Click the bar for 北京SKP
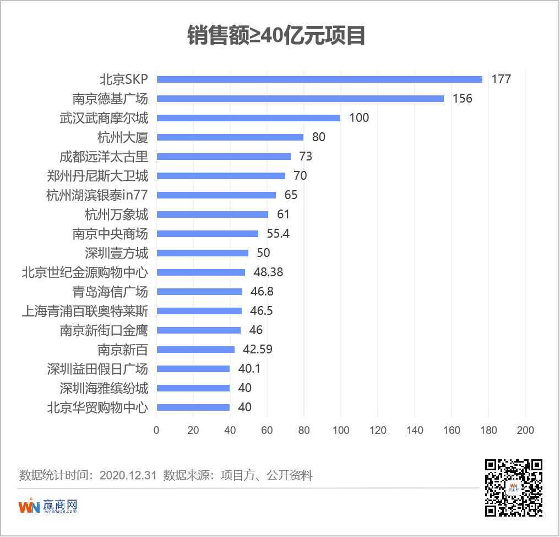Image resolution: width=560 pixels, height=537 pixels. point(319,79)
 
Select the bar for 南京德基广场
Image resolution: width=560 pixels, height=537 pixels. point(300,99)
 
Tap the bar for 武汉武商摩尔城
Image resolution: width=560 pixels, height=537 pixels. point(248,118)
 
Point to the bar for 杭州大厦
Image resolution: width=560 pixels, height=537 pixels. point(230,137)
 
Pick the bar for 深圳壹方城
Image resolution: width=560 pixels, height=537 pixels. point(203,253)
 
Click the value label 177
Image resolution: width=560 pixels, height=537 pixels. point(501,79)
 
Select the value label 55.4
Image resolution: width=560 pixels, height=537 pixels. point(278,234)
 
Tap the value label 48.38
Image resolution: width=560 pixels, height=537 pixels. point(269,272)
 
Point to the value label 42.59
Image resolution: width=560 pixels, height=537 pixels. point(258,350)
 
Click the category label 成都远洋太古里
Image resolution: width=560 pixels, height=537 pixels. point(104,157)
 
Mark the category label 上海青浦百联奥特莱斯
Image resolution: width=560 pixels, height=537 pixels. point(85,311)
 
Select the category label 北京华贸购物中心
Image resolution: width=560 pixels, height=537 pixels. point(97,407)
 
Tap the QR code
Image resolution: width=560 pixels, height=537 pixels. point(513,487)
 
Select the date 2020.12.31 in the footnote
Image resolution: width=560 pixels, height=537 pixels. point(128,475)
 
